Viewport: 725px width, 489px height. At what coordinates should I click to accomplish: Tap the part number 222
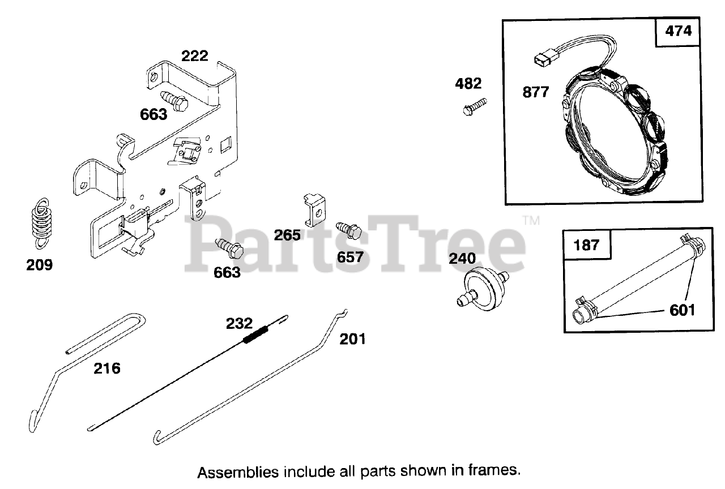click(194, 56)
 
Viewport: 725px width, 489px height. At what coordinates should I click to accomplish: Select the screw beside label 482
click(475, 106)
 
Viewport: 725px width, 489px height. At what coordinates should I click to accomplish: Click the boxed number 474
click(679, 31)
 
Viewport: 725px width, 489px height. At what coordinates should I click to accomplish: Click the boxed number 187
click(586, 245)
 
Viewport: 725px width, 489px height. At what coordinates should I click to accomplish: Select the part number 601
click(682, 310)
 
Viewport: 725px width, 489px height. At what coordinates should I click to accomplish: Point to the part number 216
click(106, 368)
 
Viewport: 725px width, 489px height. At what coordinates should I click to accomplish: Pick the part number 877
click(535, 92)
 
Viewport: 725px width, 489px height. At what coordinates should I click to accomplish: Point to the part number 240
click(463, 259)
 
